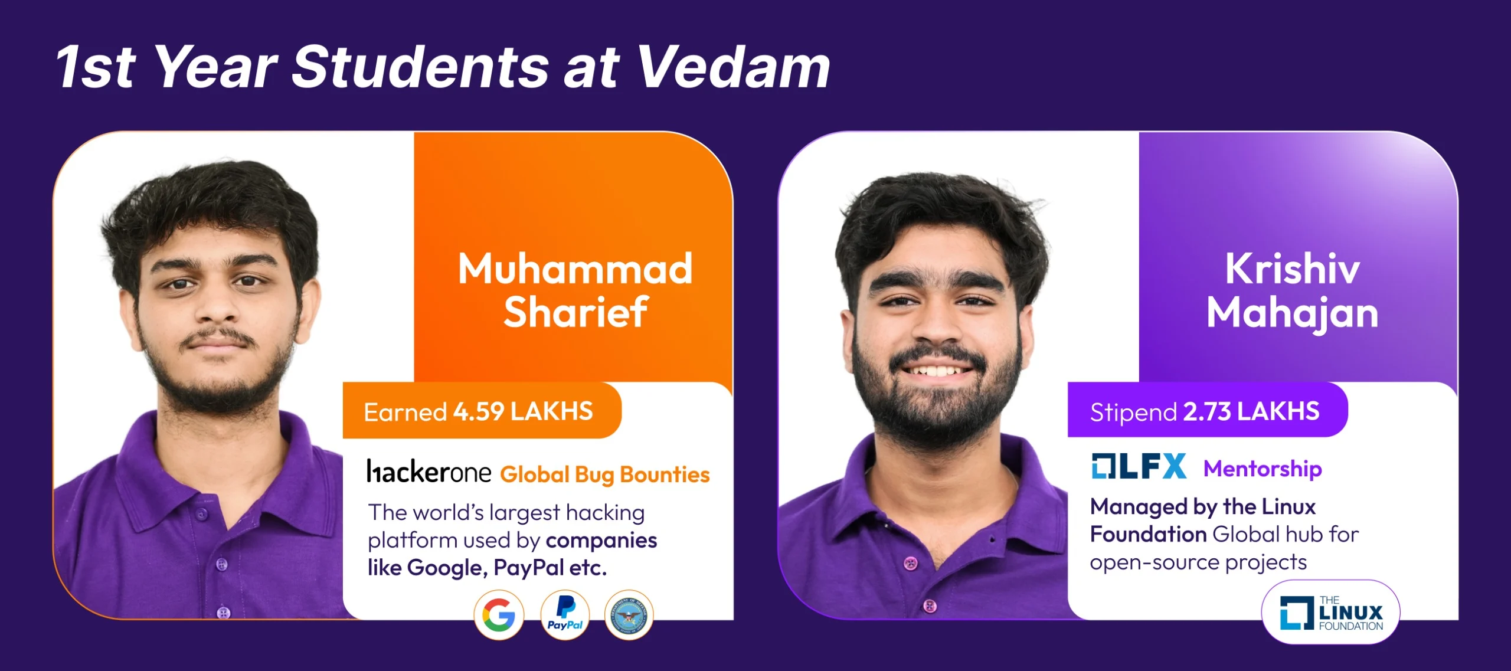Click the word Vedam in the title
734,67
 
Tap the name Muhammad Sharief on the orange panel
575,290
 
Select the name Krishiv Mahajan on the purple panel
1292,290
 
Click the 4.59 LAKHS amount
523,411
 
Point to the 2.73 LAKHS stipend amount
1251,411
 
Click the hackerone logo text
429,472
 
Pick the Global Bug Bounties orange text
605,474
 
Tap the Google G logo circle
499,615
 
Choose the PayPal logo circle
565,615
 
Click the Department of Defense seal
629,615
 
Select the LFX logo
1139,467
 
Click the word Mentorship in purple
1263,469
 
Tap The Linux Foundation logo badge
1331,613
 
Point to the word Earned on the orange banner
405,412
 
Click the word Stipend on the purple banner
1133,412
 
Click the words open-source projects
1198,562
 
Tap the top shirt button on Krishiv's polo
911,563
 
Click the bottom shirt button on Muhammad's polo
223,613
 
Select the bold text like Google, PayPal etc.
488,568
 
